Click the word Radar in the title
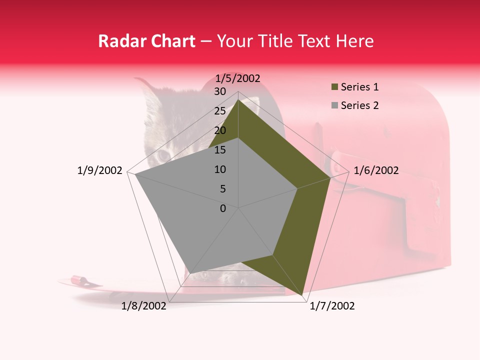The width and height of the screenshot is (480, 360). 118,41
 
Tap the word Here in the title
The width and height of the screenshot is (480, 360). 355,41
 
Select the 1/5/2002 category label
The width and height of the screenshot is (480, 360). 238,78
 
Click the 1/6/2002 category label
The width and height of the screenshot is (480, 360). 376,170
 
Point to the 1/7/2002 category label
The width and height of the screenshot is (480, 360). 332,306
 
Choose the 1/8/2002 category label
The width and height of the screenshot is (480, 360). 144,306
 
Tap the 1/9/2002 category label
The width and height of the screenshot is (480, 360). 100,170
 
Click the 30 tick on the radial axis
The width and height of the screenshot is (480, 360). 220,91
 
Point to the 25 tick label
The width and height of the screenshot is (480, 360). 220,111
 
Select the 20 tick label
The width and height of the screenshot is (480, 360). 220,130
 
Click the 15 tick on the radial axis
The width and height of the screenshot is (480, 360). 220,150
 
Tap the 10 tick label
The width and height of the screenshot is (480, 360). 220,169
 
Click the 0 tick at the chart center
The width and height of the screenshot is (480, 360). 223,208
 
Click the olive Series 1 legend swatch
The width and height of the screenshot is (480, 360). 335,87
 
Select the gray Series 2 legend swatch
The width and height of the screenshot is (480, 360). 335,105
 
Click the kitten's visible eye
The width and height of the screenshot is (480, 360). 163,156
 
